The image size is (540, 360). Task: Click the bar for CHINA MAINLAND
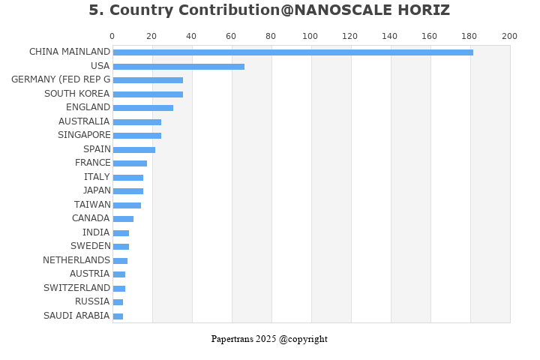tap(292, 52)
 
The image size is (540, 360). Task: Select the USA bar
tap(178, 66)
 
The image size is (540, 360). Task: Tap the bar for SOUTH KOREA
tap(148, 94)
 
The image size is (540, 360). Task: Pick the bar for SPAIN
tap(134, 149)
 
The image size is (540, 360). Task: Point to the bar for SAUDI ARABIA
tap(118, 316)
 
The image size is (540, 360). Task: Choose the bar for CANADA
tap(123, 219)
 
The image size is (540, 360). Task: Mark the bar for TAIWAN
tap(127, 205)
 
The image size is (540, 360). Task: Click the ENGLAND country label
tap(88, 107)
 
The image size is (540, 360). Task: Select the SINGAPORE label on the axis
tap(84, 135)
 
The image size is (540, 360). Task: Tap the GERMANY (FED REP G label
tap(61, 79)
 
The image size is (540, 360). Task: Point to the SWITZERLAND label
tap(76, 288)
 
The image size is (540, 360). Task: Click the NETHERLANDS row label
tap(76, 260)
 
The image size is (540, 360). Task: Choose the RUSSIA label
tap(92, 301)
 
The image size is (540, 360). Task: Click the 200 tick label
tap(509, 36)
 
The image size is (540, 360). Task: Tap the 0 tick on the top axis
tap(112, 36)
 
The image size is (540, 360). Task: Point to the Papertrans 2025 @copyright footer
tap(269, 339)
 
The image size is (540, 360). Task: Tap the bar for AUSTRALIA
tap(137, 121)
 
